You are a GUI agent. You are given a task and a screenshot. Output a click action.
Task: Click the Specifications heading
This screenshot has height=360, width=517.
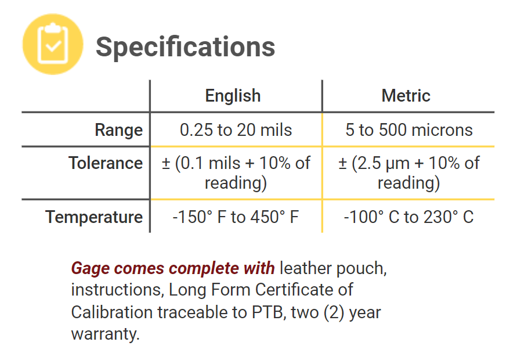tap(185, 46)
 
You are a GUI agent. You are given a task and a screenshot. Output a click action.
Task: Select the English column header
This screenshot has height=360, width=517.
tap(233, 96)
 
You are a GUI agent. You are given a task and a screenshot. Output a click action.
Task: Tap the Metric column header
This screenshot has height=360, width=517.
tap(406, 96)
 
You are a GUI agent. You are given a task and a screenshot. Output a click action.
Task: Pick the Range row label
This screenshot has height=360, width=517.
tap(118, 130)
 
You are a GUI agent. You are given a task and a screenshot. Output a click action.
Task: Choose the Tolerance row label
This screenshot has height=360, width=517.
tap(105, 163)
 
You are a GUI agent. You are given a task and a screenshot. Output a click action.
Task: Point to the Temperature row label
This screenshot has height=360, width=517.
tap(94, 217)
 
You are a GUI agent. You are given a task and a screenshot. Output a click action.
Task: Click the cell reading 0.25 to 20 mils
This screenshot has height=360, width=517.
tap(236, 130)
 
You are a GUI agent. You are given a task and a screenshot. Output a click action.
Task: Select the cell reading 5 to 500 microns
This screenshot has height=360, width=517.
tap(408, 130)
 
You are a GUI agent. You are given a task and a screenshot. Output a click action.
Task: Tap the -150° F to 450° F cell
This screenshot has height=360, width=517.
tap(236, 217)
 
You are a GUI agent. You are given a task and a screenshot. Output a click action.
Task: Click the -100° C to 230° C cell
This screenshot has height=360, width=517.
tap(408, 217)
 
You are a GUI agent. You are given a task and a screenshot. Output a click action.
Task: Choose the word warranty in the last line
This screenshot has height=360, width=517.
tap(105, 334)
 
